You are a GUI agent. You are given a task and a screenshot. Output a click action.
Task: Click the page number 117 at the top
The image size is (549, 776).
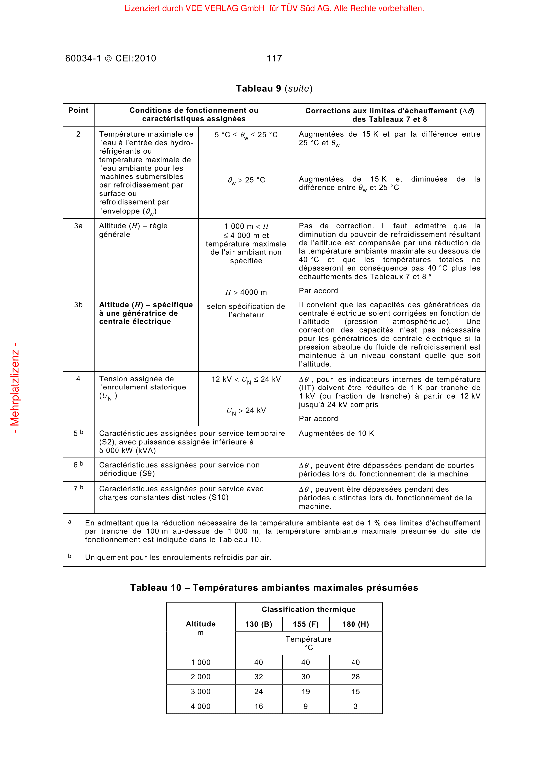[x=274, y=58]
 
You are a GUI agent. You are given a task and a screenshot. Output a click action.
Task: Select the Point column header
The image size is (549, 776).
[x=78, y=110]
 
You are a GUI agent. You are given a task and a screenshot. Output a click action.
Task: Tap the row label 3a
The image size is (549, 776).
[x=78, y=226]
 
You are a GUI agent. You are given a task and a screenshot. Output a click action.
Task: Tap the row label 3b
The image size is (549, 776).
[x=78, y=305]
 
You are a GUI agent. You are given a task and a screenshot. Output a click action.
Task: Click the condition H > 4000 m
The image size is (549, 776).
[x=246, y=292]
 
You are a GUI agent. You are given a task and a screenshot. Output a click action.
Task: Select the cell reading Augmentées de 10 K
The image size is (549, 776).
[x=336, y=434]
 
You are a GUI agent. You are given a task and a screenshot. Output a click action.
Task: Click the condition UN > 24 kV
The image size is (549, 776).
[x=246, y=411]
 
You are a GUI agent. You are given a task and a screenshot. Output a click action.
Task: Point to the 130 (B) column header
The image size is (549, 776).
[x=259, y=625]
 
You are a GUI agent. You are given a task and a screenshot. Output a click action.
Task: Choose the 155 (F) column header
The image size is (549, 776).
[x=306, y=625]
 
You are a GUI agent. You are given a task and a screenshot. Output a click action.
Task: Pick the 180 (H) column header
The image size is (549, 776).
[x=355, y=625]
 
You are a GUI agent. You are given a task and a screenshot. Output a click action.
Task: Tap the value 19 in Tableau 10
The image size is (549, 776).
[x=306, y=692]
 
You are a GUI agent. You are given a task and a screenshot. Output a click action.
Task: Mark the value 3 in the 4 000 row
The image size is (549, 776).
[x=355, y=706]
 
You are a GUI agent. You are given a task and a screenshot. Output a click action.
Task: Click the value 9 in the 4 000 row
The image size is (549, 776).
[x=306, y=706]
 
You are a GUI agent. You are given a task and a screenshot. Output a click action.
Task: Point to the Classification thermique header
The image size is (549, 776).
[x=308, y=610]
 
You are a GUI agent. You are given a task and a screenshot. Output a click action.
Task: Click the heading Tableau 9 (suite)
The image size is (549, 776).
[x=274, y=89]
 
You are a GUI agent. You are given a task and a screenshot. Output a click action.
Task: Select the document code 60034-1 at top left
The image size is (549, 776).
[x=83, y=58]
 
